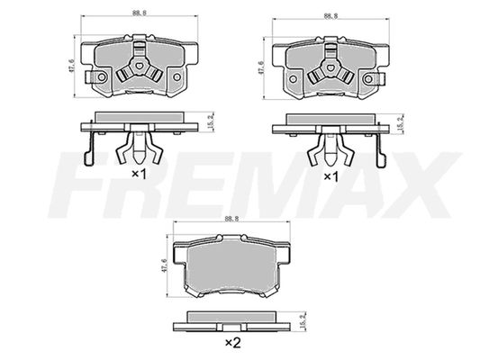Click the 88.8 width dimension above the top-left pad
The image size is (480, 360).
point(139,13)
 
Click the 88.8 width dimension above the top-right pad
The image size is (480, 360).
point(331,16)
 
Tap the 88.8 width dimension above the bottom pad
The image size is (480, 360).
point(231,219)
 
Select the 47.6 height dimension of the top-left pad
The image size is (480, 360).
point(72,66)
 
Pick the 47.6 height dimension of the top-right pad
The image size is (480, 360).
point(261,67)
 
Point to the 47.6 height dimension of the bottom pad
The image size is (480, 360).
point(164,265)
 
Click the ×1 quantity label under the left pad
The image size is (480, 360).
point(139,175)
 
